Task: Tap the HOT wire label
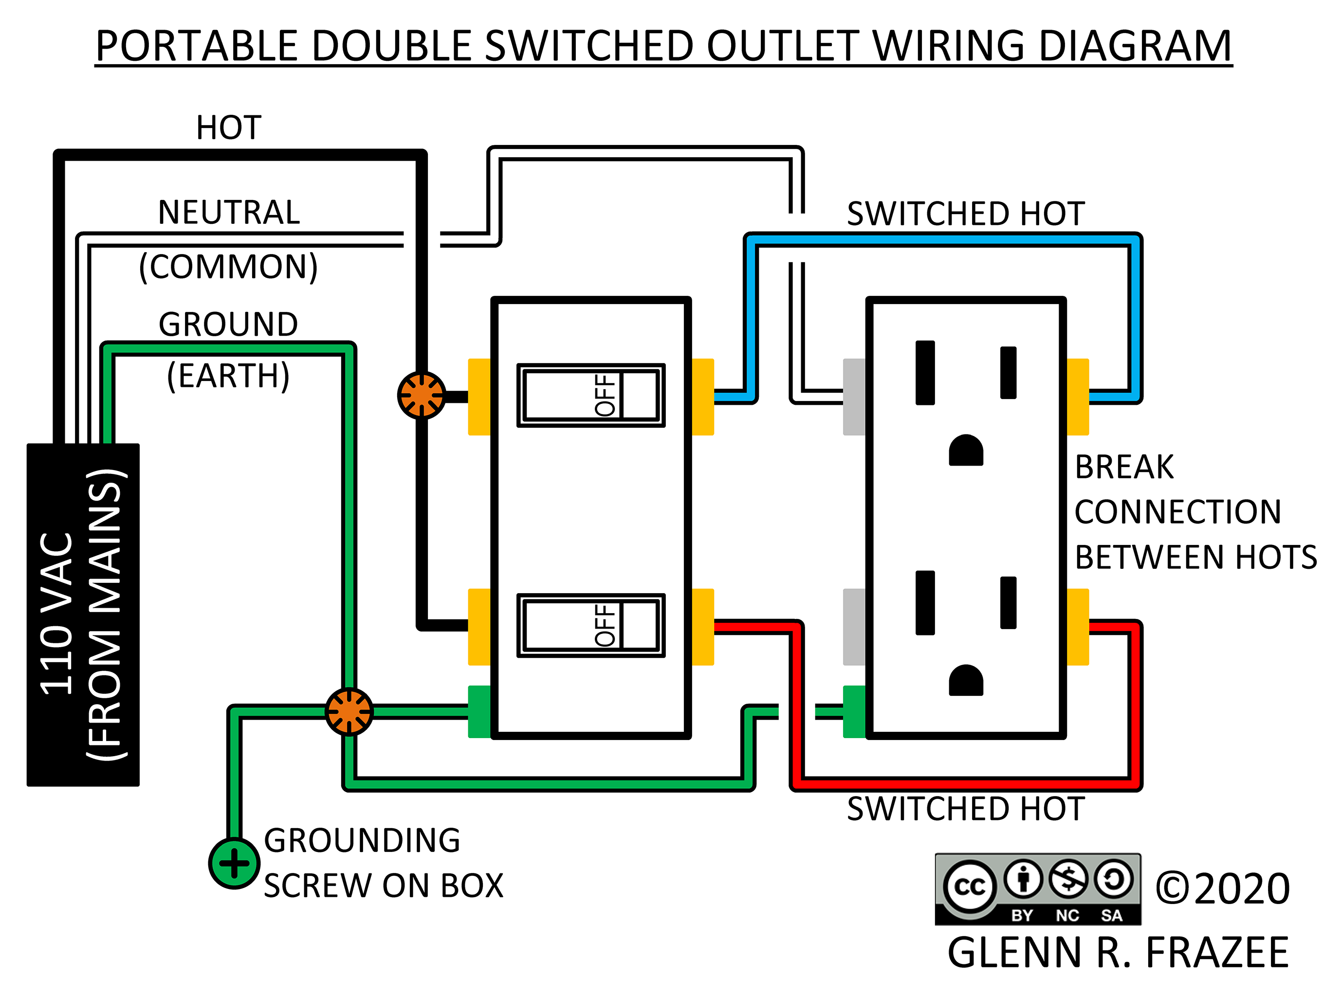tap(228, 128)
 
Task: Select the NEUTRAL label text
tap(228, 213)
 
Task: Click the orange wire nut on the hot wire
tap(422, 395)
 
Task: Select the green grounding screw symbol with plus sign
tap(234, 863)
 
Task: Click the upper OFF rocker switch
tap(590, 395)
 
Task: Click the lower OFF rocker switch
tap(590, 625)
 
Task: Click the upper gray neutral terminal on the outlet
tap(854, 397)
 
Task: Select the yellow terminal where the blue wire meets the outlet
tap(1078, 397)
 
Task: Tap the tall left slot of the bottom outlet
tap(925, 603)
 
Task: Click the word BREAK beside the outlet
tap(1124, 467)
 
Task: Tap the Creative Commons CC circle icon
tap(970, 887)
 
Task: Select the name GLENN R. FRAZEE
tap(1118, 953)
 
